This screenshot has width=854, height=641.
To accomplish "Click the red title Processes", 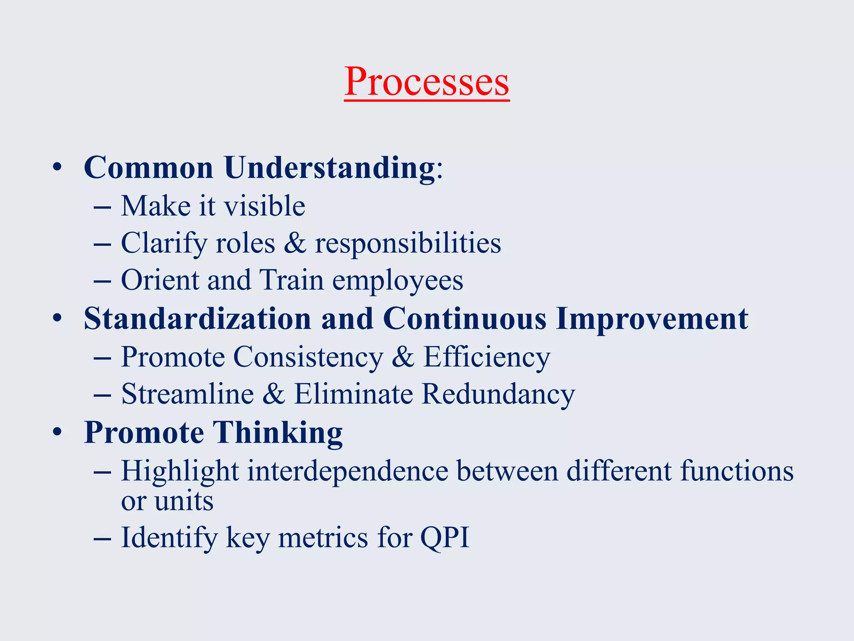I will coord(427,81).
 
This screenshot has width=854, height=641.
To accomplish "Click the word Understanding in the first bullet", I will coord(329,168).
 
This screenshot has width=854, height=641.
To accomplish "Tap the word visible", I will coord(265,206).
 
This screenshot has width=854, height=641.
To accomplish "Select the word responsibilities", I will coord(408,243).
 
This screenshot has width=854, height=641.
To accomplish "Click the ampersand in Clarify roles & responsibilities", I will coord(295,243).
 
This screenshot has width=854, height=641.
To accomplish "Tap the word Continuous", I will coord(464,319).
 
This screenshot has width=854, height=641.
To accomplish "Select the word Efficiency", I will coord(487,358).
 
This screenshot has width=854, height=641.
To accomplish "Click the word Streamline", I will coord(187,394).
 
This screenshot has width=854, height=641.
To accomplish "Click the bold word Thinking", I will coord(278,433).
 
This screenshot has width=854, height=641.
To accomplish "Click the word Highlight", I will coord(180,472).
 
